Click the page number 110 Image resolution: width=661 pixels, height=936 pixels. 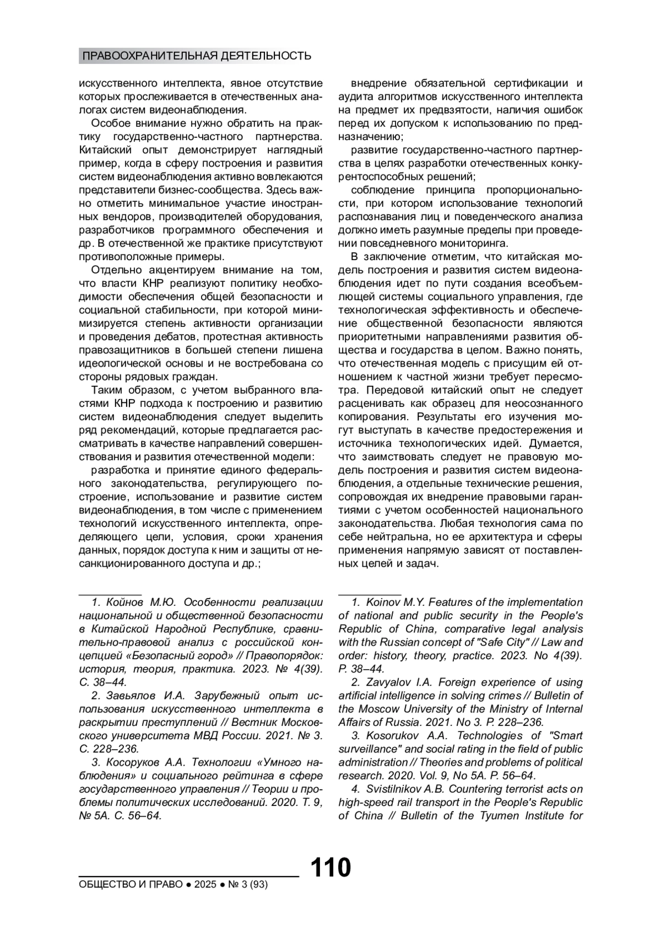pyautogui.click(x=330, y=868)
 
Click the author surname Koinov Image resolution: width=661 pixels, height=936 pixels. pyautogui.click(x=384, y=602)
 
